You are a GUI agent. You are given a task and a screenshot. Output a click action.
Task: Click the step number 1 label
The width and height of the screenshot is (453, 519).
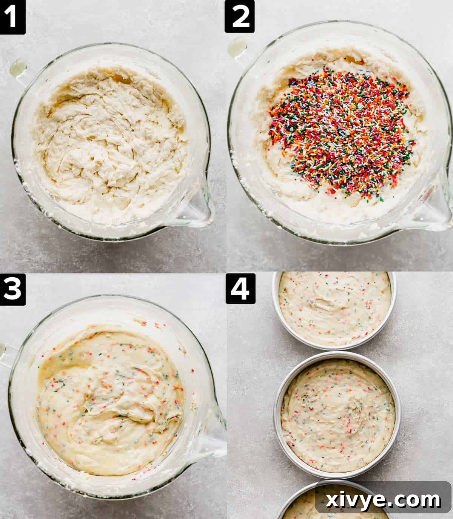[12, 17]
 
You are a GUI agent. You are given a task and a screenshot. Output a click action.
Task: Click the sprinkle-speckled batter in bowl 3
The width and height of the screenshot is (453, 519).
[109, 400]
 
